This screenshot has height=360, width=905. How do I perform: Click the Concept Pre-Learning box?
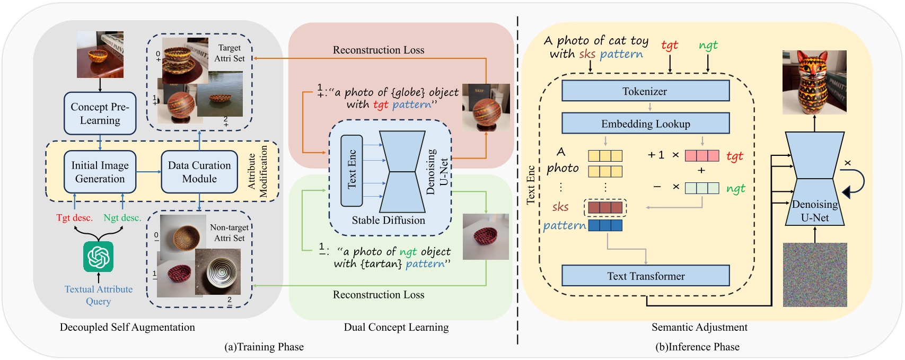100,113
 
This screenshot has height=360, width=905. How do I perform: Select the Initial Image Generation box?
100,172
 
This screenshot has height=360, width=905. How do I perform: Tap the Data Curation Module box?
199,172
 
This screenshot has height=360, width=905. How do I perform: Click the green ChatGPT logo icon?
98,257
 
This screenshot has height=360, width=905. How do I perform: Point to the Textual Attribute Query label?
99,295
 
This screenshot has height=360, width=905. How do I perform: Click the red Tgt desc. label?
74,218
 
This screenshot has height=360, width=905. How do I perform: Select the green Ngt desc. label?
122,218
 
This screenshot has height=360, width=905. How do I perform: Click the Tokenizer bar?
645,91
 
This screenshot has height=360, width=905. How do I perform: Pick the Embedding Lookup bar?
645,124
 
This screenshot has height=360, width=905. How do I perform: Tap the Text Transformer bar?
645,276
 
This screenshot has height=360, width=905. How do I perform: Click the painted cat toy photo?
814,82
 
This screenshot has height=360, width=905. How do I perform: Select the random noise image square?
815,275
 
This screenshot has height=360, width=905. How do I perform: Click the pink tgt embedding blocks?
702,156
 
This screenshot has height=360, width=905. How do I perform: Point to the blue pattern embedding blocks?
605,225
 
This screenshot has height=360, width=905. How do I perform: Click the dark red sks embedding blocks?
605,207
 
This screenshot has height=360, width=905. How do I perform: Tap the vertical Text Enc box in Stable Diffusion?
352,170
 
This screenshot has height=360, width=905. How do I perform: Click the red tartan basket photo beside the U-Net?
486,236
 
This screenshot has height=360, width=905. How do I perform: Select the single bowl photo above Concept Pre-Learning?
100,55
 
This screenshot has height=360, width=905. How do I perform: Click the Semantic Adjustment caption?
699,327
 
